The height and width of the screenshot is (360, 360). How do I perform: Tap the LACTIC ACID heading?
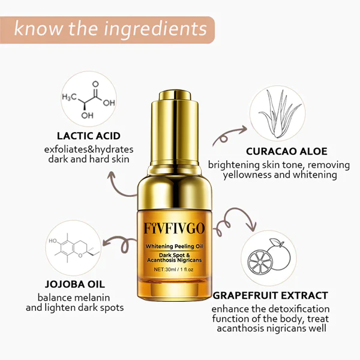coord(88,136)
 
